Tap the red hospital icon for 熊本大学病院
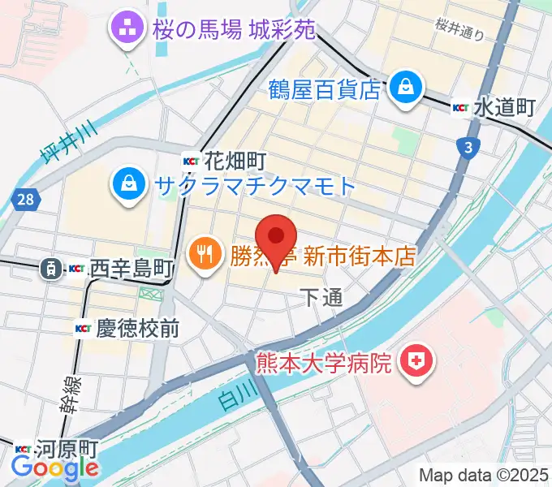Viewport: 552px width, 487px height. click(418, 360)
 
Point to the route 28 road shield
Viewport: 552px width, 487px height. click(25, 197)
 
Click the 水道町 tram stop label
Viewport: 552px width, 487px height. click(504, 107)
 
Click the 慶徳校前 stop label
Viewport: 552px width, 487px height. click(138, 329)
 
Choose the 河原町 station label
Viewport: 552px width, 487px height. click(70, 449)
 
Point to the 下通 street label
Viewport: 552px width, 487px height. click(321, 298)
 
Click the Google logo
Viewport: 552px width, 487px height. click(54, 468)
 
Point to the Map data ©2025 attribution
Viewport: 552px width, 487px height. click(485, 474)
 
